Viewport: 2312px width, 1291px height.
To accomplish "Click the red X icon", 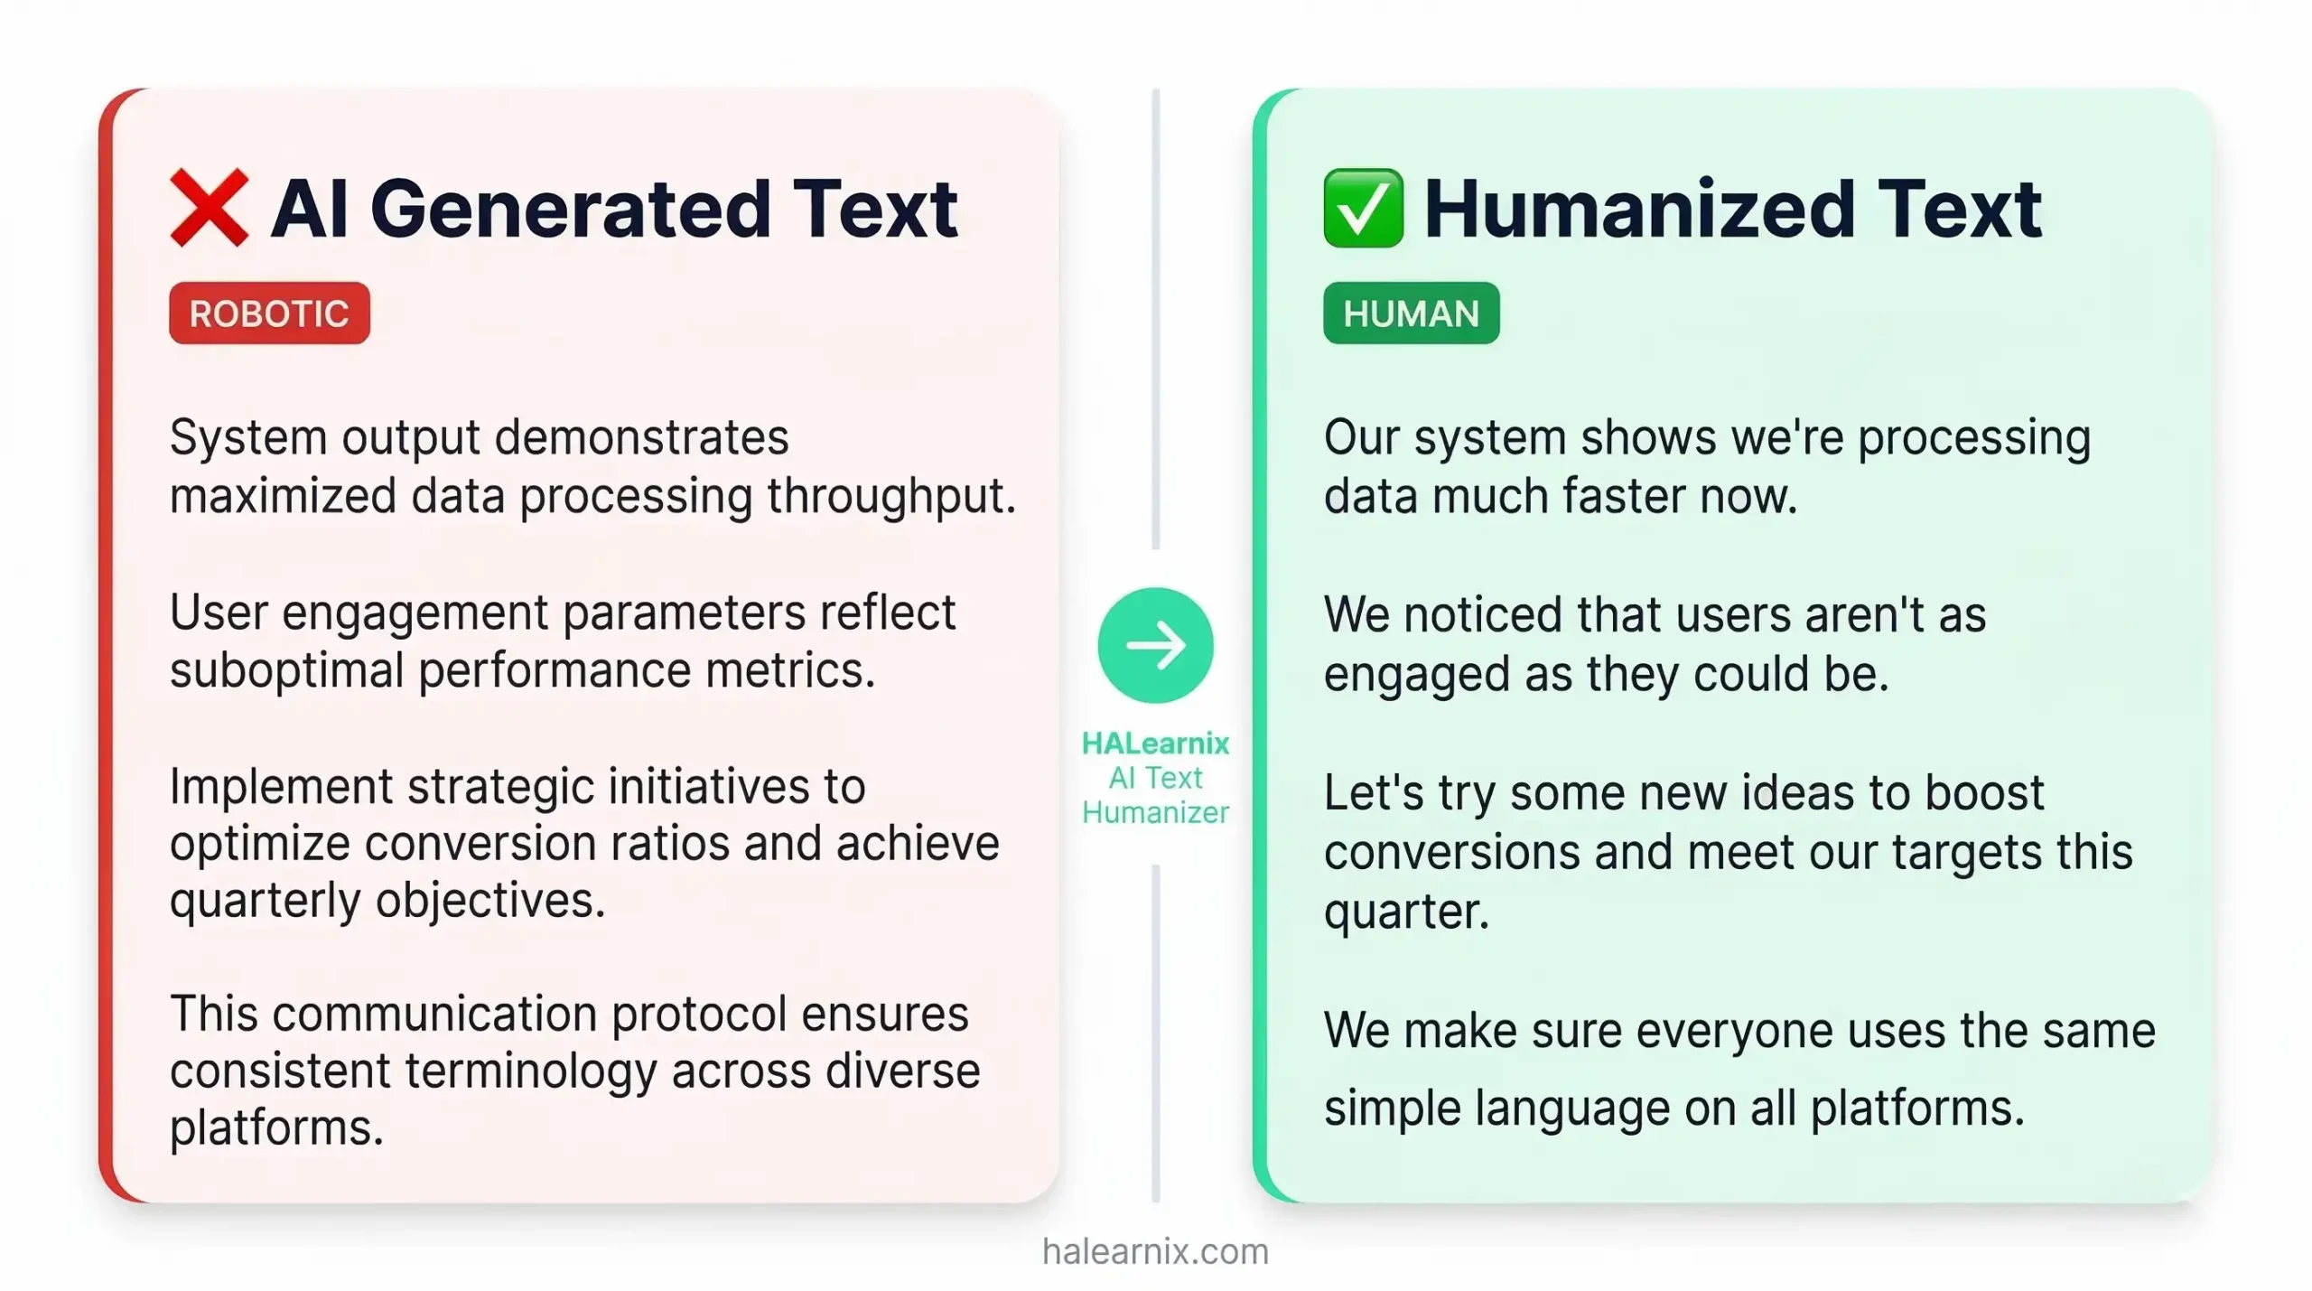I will [209, 208].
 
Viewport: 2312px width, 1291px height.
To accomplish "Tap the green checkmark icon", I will [1363, 208].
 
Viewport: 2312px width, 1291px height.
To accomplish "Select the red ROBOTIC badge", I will [269, 313].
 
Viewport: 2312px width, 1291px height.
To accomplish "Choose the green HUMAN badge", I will [1411, 313].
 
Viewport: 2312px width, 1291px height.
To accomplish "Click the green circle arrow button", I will [1155, 645].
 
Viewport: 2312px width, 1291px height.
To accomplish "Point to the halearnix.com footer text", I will [1155, 1251].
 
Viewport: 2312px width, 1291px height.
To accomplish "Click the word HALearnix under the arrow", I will [1155, 743].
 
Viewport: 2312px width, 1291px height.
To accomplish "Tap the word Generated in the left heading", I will [570, 210].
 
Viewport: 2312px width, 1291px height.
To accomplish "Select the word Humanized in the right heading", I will [1638, 210].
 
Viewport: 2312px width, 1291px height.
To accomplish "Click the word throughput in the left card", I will [891, 496].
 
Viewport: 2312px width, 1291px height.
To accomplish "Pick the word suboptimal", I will [286, 670].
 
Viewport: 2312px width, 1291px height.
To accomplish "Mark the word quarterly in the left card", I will [265, 901].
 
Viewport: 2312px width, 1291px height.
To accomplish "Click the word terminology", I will [529, 1071].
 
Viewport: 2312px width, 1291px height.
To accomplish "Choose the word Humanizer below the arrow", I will [1155, 812].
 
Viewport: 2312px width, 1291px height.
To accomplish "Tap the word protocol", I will [698, 1014].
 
